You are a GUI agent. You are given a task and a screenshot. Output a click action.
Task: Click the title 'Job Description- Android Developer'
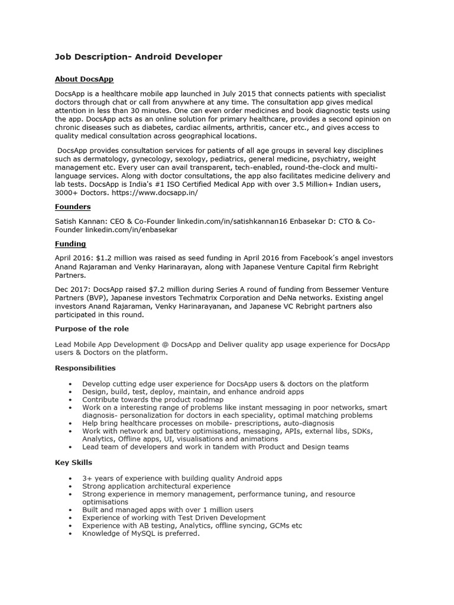click(138, 57)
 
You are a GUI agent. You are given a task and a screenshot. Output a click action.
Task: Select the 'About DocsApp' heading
click(84, 79)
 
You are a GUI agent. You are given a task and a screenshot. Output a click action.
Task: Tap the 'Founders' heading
click(73, 207)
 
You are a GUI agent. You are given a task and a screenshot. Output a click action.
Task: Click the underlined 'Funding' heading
click(70, 243)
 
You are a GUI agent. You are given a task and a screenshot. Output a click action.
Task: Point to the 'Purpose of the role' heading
click(92, 328)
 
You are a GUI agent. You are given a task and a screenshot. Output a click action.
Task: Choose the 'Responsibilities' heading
click(85, 367)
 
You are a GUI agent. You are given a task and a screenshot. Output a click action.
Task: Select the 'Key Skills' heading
click(73, 462)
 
